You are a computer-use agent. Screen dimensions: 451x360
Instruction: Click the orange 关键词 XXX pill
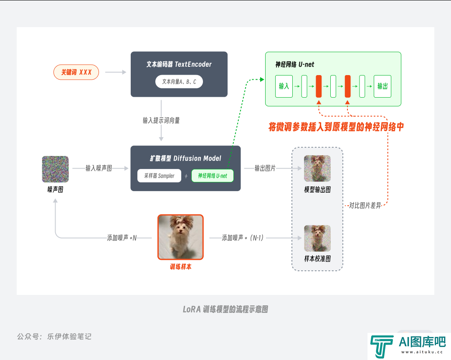tap(76, 72)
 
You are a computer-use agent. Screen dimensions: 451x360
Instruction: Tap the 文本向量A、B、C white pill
tap(179, 82)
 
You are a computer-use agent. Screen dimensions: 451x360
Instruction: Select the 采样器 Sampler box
tap(160, 176)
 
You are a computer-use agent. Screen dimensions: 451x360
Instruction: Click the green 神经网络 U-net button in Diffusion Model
tap(213, 176)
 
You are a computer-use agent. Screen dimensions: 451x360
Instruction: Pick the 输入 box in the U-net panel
tap(284, 86)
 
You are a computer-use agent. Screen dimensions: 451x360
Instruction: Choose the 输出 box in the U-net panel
tap(383, 86)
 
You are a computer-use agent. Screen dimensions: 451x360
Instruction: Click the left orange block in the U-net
tap(319, 86)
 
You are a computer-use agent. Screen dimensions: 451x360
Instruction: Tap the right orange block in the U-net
tap(347, 86)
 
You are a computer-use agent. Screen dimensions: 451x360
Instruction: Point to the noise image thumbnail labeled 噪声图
tap(55, 169)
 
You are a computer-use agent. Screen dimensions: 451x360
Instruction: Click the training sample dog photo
tap(181, 237)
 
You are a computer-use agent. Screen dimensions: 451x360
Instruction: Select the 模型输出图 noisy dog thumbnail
tap(317, 169)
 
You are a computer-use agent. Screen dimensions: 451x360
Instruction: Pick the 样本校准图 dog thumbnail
tap(317, 238)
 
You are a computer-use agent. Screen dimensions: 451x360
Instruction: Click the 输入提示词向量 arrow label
tap(161, 121)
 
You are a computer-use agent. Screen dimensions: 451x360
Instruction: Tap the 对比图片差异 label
tap(365, 205)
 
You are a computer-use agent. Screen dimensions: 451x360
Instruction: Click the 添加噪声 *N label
tap(122, 238)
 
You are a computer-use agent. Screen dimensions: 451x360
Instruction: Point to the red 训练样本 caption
tap(181, 267)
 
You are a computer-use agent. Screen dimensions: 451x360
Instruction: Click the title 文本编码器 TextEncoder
tap(179, 64)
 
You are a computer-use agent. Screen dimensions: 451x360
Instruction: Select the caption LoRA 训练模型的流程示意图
tap(225, 310)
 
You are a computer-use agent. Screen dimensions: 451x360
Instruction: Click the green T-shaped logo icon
tap(382, 346)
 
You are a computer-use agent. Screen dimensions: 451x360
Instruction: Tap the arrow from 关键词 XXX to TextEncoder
tap(116, 72)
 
